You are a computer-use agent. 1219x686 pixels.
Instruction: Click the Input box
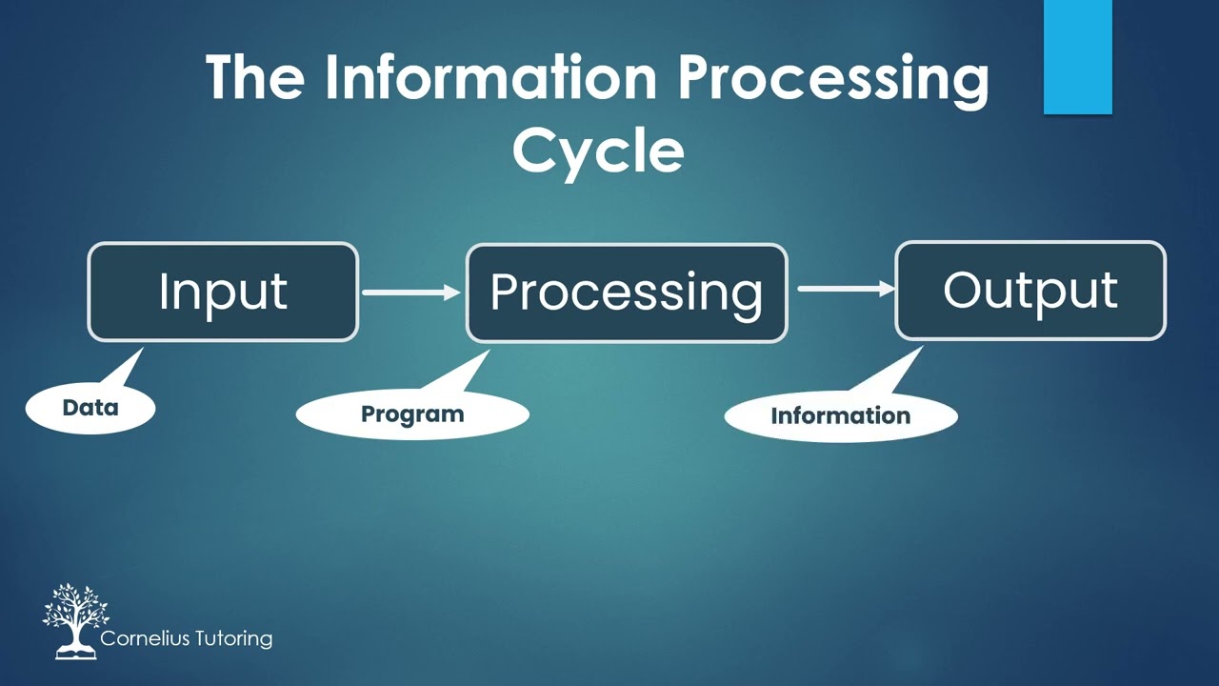[x=223, y=292]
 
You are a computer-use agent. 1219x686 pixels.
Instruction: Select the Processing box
[x=626, y=293]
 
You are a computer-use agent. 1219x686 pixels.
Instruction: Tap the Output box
[x=1029, y=291]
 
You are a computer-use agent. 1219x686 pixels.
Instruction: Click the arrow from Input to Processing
[x=410, y=293]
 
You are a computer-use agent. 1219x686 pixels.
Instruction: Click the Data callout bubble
[x=90, y=408]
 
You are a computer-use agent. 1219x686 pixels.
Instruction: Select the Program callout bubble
[x=411, y=414]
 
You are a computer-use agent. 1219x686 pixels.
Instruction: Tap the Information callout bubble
[x=840, y=416]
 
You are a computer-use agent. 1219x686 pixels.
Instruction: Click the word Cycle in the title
[x=598, y=151]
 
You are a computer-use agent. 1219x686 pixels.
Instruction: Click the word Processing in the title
[x=833, y=78]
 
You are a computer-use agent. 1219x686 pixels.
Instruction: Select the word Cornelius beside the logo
[x=146, y=638]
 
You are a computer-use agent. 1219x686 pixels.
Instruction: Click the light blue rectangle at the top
[x=1077, y=56]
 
